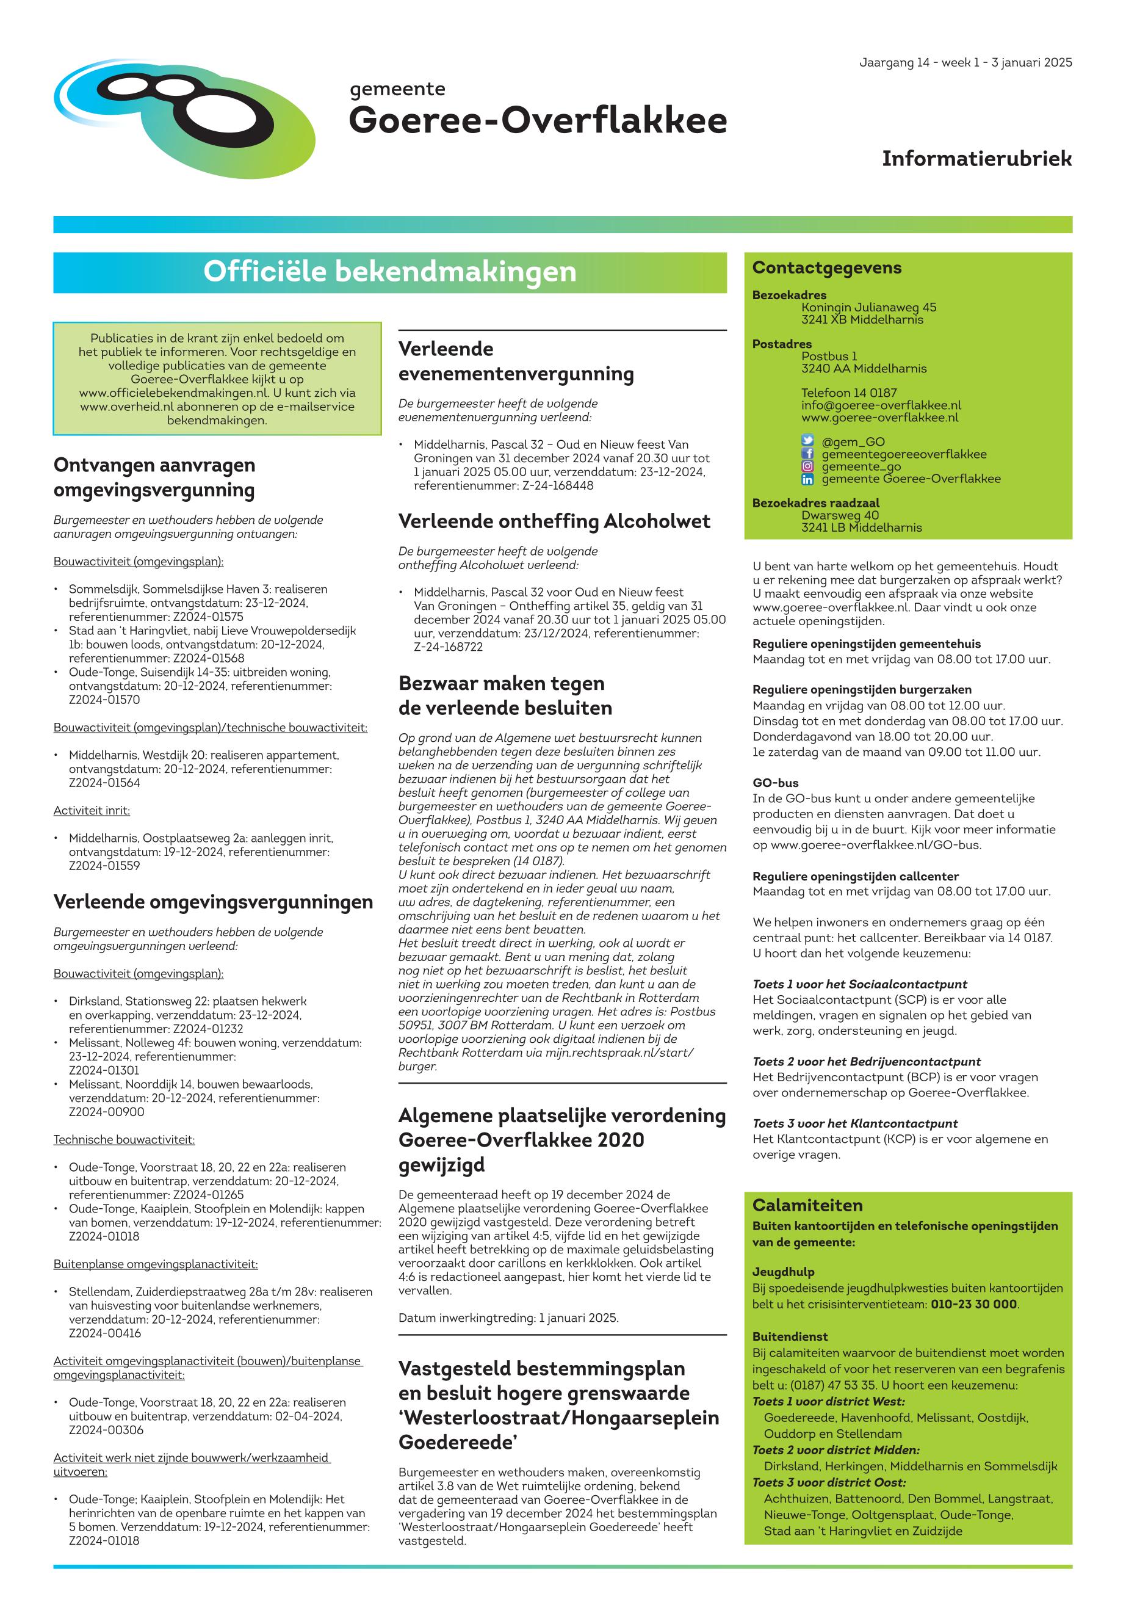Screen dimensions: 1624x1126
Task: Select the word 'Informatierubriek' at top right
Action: click(976, 159)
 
